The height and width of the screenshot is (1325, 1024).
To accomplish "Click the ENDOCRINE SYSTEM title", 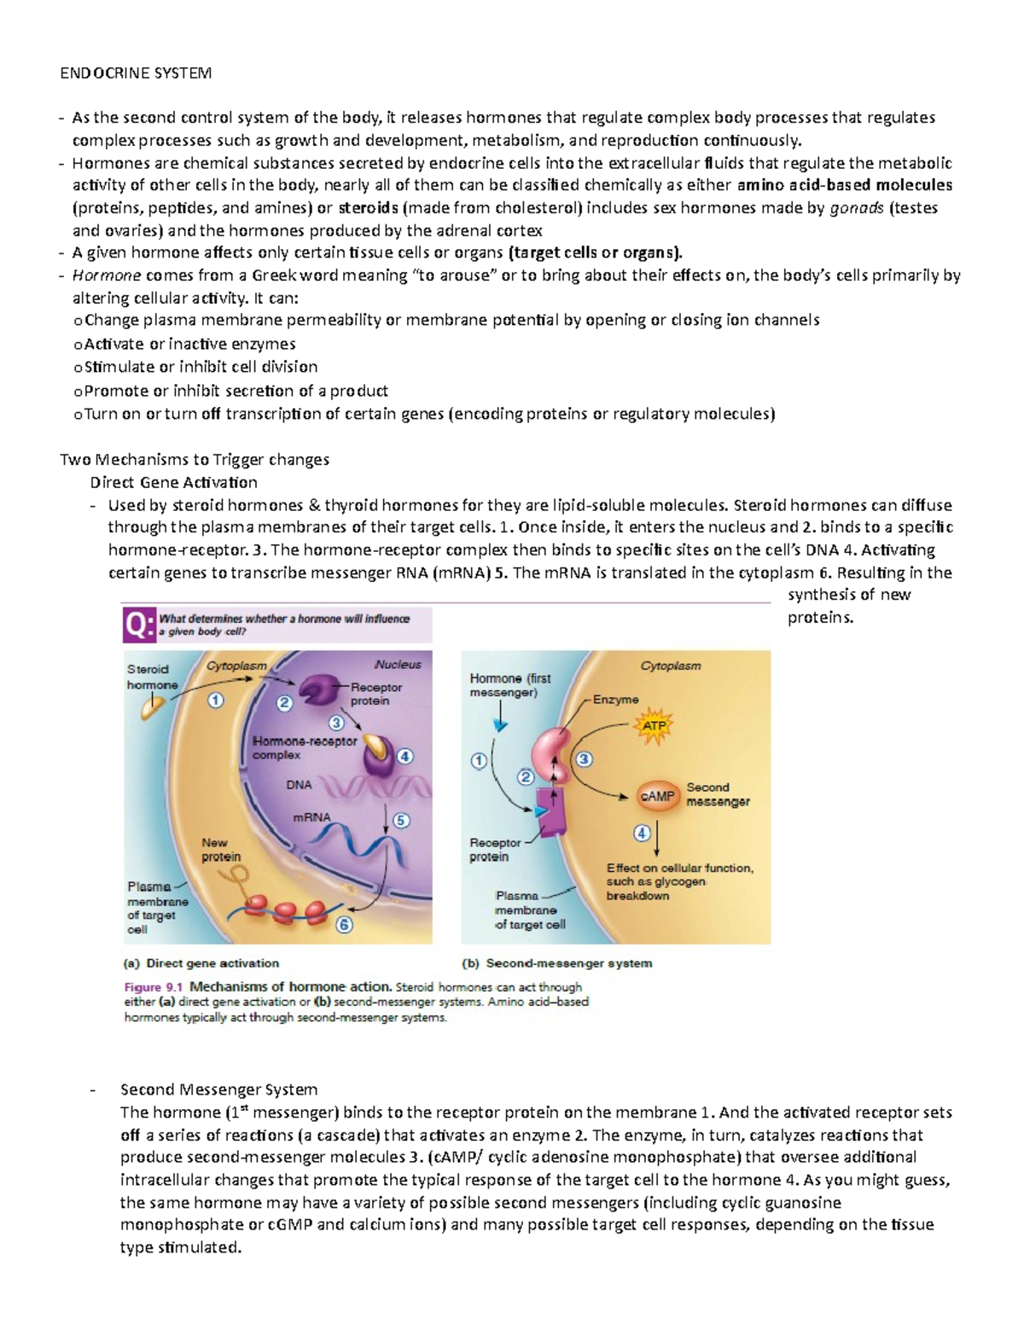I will click(x=136, y=73).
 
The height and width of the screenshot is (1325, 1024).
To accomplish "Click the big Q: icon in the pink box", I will click(x=139, y=625).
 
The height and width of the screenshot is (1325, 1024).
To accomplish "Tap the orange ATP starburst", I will click(x=654, y=726).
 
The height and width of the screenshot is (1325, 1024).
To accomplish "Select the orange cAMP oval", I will click(x=657, y=796).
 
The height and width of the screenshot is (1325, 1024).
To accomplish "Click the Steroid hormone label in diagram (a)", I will click(x=152, y=677).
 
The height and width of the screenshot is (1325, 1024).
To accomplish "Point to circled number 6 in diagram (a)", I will click(x=344, y=925).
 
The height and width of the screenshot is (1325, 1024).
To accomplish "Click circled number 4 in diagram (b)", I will click(x=642, y=833).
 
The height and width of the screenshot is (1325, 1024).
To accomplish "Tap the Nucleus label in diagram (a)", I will click(x=397, y=665).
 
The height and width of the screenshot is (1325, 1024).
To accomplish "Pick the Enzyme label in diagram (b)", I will click(x=615, y=700).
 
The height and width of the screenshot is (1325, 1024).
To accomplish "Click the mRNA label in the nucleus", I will click(x=311, y=817).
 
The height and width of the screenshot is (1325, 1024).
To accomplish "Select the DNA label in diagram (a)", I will click(x=299, y=785).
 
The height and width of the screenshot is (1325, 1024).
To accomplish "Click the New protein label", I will click(x=221, y=850).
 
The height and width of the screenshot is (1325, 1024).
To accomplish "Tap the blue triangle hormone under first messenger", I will click(x=501, y=724).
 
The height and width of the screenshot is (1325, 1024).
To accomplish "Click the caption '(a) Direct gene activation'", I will click(x=201, y=963).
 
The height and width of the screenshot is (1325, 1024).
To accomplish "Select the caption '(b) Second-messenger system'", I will click(x=556, y=963).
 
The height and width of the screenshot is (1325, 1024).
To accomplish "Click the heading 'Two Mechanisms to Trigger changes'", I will click(x=195, y=460).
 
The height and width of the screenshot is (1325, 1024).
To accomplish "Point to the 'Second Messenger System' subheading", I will click(x=218, y=1090).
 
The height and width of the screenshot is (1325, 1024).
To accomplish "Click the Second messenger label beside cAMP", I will click(x=718, y=794).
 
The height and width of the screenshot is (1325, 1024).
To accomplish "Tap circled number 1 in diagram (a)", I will click(x=215, y=700).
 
